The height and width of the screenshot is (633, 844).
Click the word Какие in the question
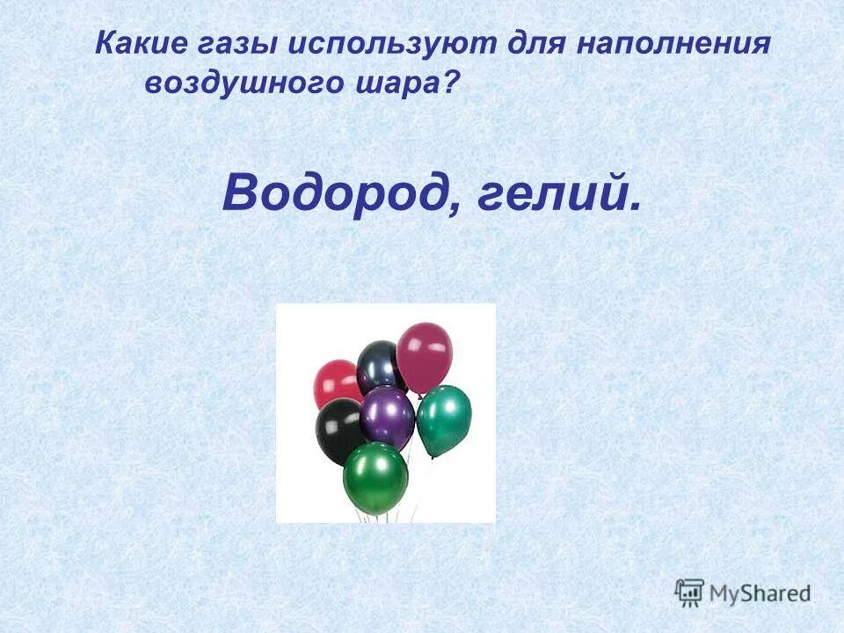point(141,43)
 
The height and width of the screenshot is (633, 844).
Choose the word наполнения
point(673,43)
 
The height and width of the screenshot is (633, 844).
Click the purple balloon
point(387,415)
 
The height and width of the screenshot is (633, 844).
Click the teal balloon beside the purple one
point(444,418)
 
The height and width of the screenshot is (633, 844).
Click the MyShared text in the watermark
point(760,593)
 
